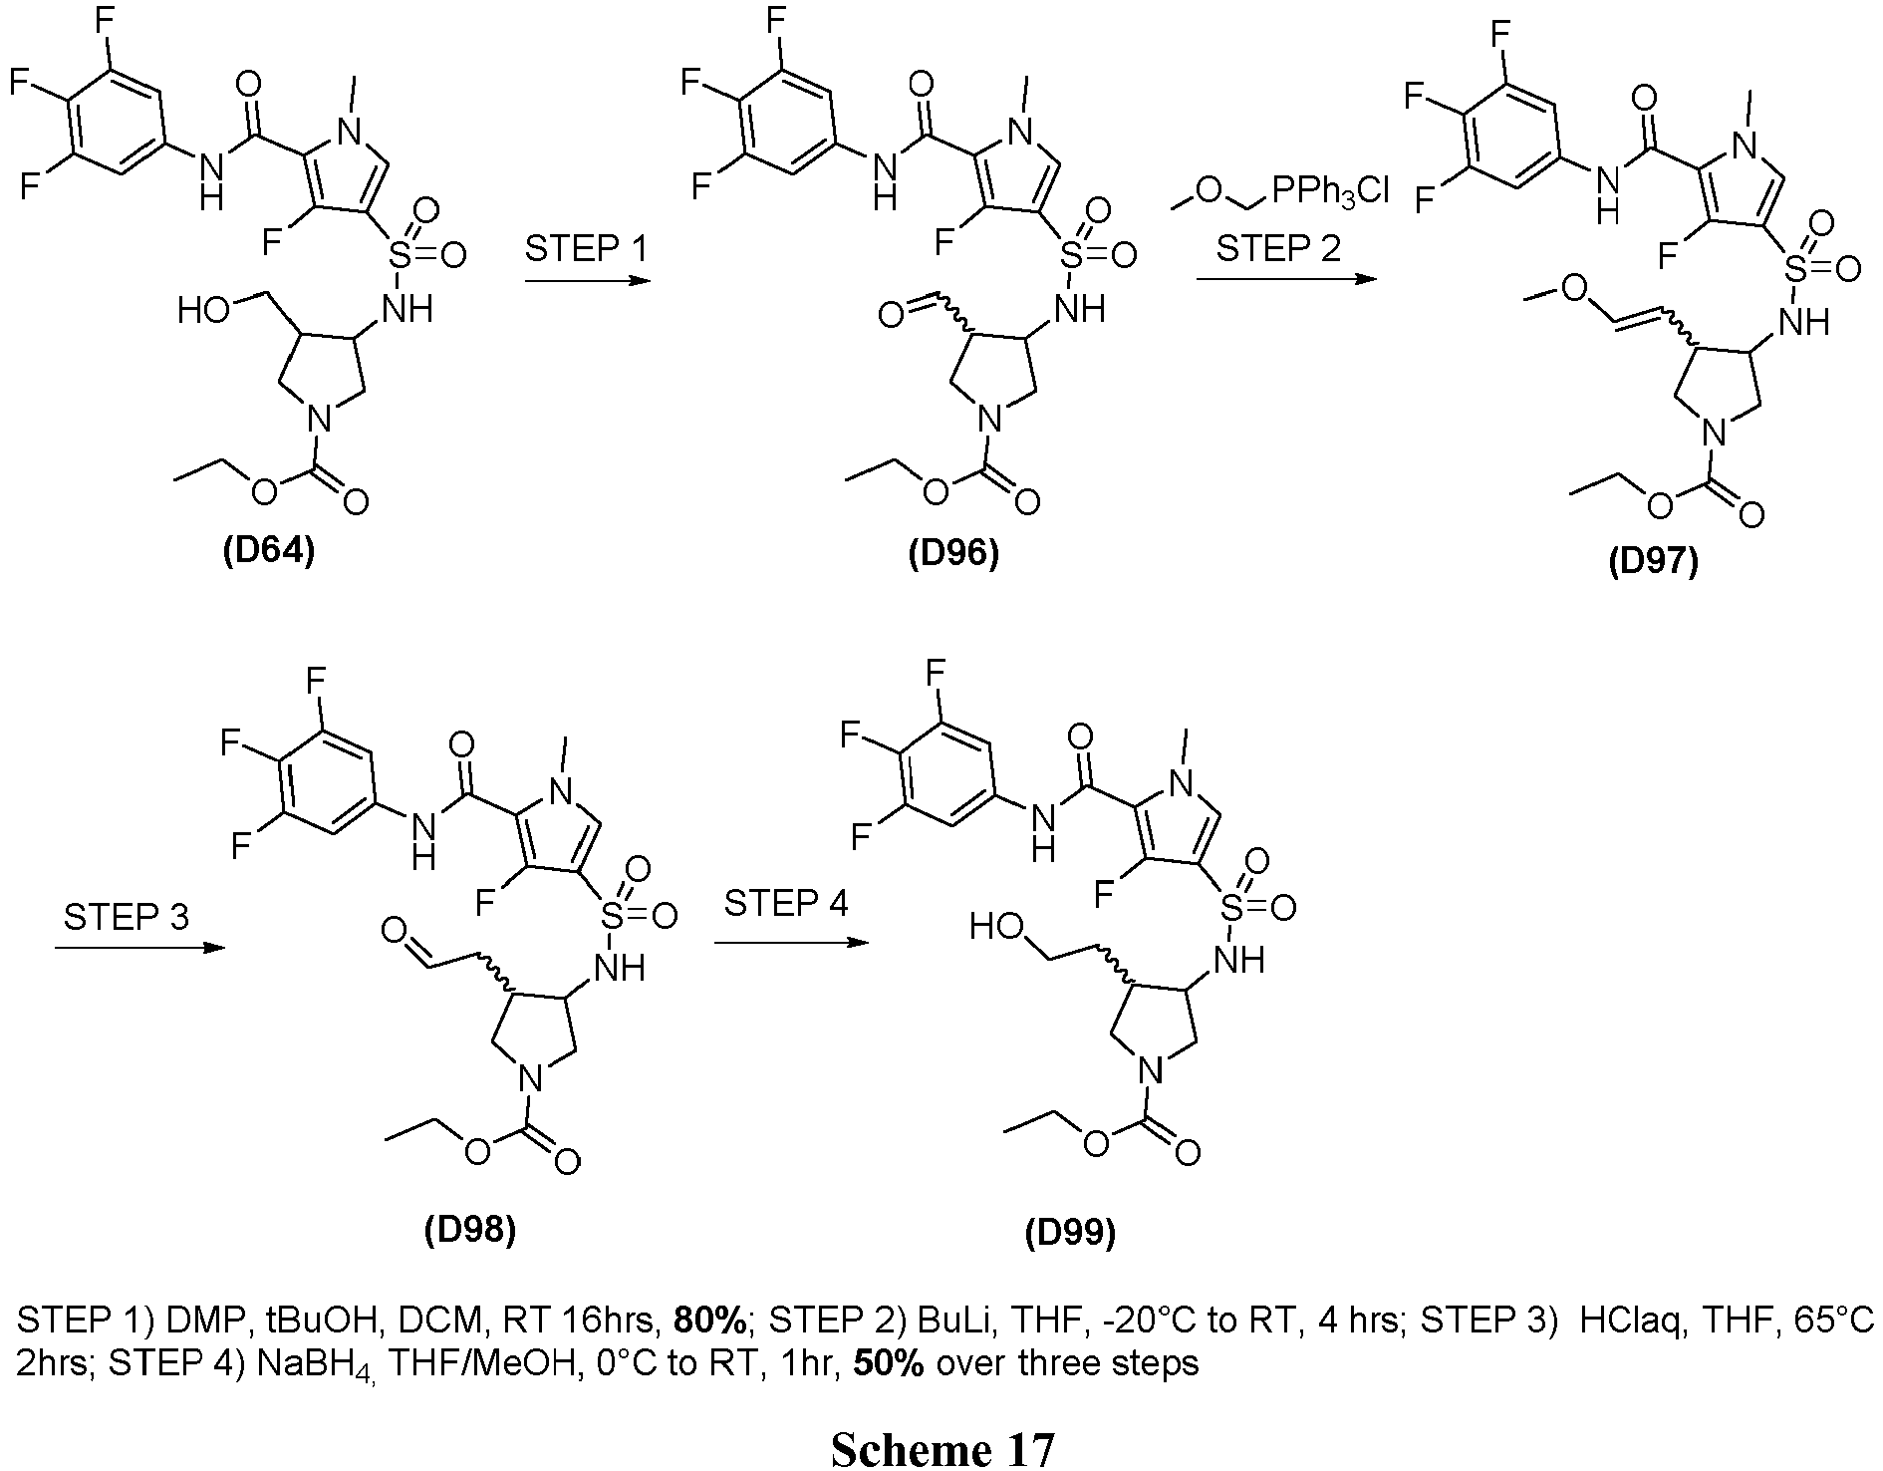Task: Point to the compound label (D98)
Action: coord(470,1231)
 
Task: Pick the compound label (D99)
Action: coord(1070,1234)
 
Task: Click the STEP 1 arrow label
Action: coord(587,247)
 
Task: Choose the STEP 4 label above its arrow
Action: coord(786,903)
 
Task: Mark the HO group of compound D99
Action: coord(996,928)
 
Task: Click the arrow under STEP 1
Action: coord(587,283)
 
